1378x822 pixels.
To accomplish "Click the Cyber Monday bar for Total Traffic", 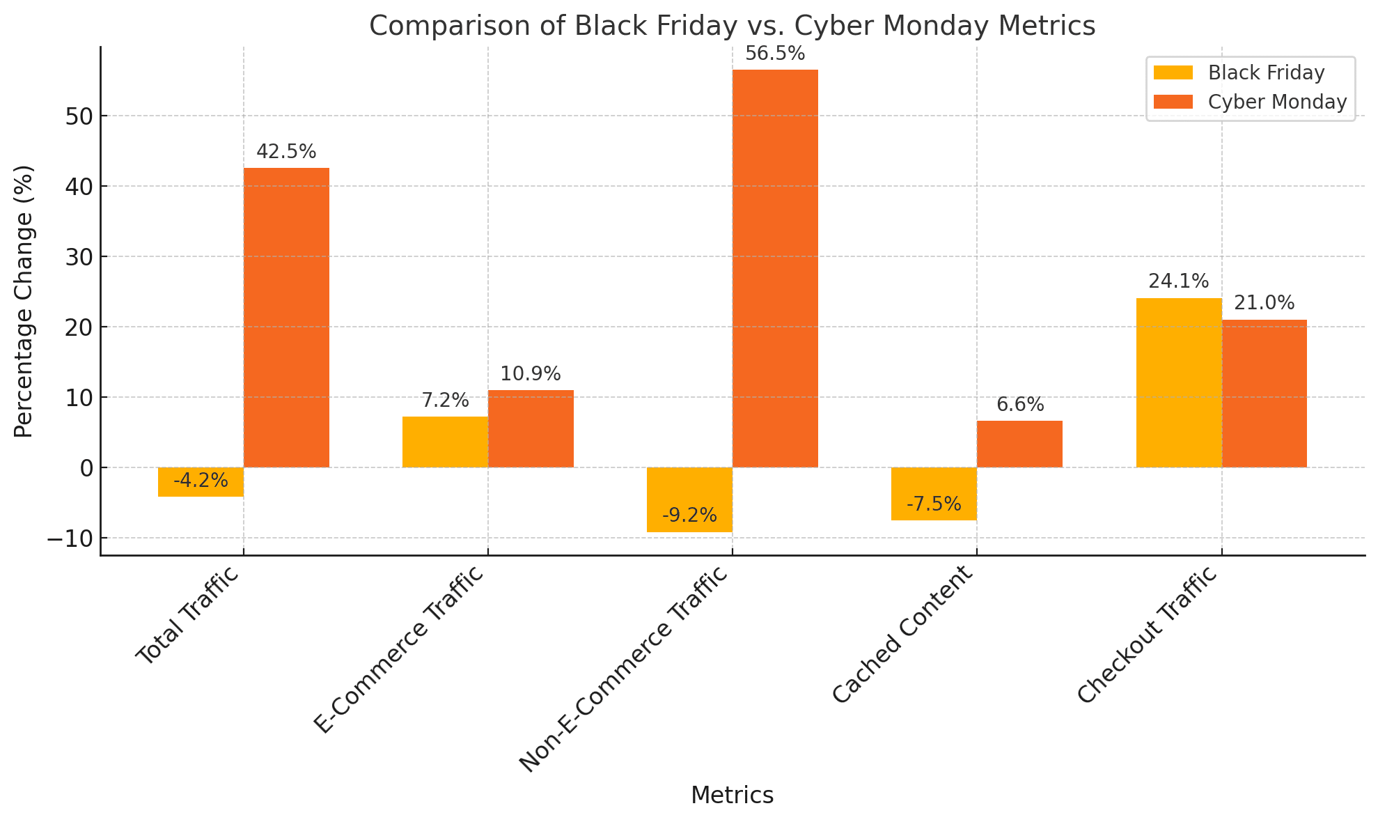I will coord(286,317).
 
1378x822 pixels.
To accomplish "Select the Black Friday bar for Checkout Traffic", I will coord(1178,382).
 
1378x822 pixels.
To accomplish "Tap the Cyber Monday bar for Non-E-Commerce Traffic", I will coord(775,268).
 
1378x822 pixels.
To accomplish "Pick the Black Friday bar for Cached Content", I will coord(934,493).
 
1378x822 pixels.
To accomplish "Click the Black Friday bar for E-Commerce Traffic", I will coord(445,442).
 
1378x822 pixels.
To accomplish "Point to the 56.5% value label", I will coord(775,54).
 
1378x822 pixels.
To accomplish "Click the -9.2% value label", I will coord(689,515).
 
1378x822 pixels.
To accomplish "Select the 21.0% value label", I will coord(1264,303).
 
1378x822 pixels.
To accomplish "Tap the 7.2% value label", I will coord(445,401).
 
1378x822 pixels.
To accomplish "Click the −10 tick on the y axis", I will coord(70,538).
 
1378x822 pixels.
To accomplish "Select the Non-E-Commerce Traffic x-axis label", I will coord(624,669).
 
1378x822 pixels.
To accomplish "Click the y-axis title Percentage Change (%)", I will coord(24,301).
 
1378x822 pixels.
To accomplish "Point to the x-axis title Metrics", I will coord(732,795).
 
